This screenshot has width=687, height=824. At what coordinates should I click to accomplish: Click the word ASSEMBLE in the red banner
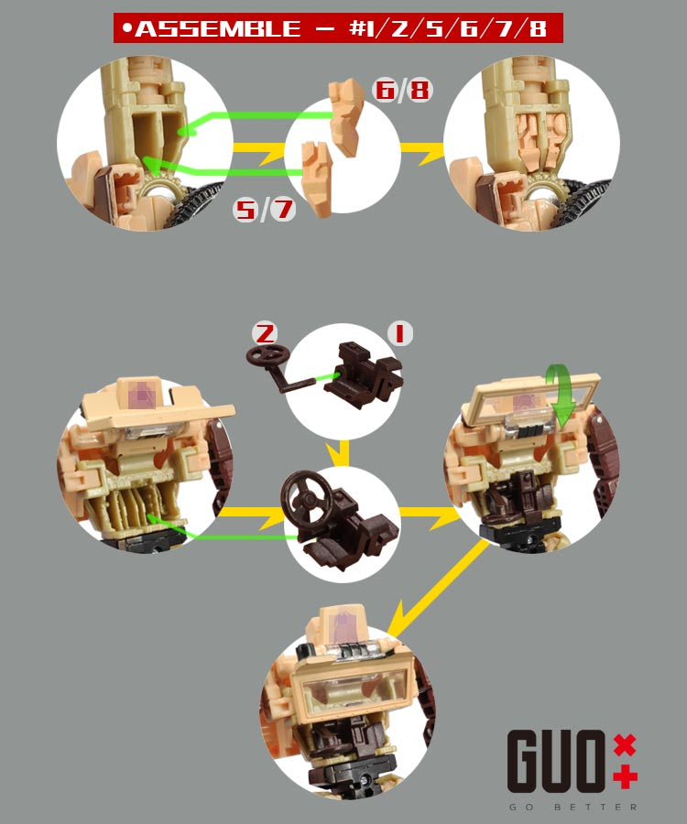(218, 28)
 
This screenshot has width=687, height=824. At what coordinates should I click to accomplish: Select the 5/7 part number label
(264, 209)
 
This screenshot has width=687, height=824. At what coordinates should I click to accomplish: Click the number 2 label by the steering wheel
(265, 333)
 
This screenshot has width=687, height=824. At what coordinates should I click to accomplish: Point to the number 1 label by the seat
(400, 333)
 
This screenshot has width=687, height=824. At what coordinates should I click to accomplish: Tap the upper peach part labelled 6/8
(346, 116)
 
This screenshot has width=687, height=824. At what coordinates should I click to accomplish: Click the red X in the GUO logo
(625, 745)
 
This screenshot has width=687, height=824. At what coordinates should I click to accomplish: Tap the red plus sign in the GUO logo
(625, 776)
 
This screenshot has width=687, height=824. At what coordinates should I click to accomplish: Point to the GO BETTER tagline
(572, 807)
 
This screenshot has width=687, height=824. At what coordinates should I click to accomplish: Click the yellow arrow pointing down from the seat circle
(343, 452)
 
